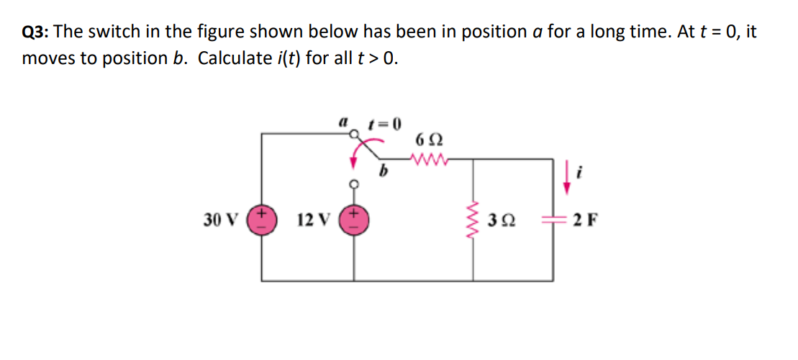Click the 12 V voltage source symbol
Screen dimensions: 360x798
(354, 220)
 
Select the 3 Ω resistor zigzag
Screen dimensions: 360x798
(473, 220)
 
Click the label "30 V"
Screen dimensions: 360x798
(218, 220)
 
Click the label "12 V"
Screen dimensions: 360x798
(312, 220)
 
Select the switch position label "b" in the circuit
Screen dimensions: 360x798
(384, 172)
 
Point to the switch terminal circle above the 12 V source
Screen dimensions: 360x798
(354, 184)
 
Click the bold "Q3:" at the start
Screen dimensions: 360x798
(36, 32)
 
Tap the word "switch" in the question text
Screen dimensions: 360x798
(106, 32)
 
